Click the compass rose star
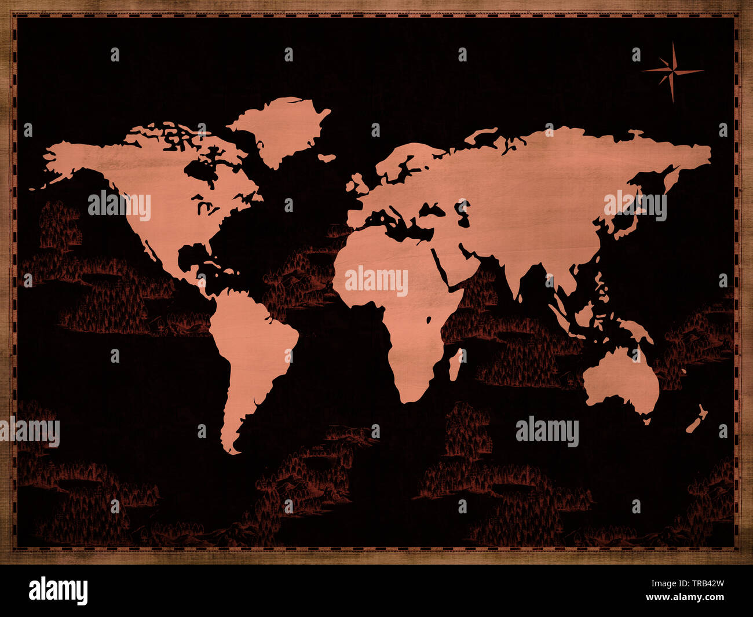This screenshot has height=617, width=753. pos(672,72)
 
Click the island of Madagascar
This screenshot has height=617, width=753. pos(456,364)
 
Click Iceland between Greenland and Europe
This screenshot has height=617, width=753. pos(327,158)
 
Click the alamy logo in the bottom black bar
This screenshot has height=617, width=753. pos(58,590)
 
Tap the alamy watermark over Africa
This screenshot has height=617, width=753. pos(376,281)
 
